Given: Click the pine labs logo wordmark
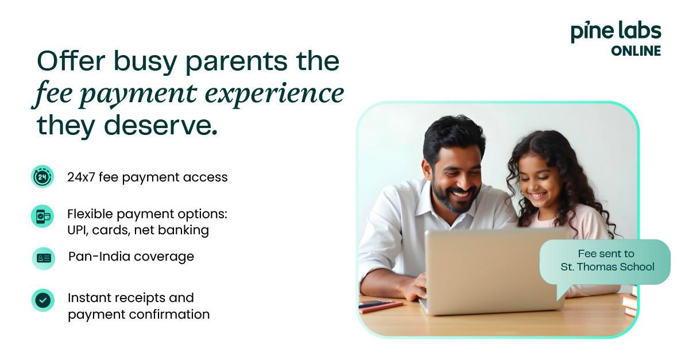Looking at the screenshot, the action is click(616, 32).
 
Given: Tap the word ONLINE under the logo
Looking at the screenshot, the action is click(636, 51).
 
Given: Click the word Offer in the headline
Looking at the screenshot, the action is click(71, 61).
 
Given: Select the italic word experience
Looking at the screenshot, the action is click(274, 94).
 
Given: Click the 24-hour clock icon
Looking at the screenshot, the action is click(42, 177).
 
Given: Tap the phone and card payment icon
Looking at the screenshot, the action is click(42, 216).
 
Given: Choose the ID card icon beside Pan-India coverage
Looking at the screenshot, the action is click(44, 258).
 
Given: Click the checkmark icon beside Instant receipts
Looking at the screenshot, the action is click(42, 300).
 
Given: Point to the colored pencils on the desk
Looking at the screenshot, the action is click(381, 305).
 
